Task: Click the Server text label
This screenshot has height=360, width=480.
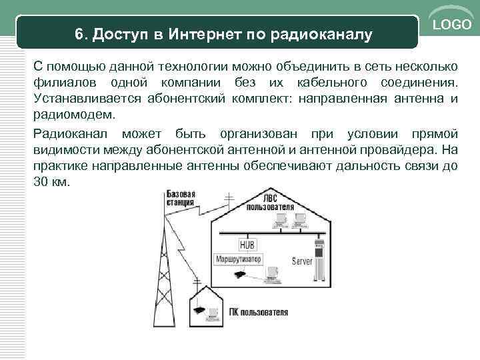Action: click(x=303, y=261)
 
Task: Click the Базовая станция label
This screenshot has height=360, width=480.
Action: click(x=180, y=197)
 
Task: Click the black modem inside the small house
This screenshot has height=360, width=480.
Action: click(x=199, y=309)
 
